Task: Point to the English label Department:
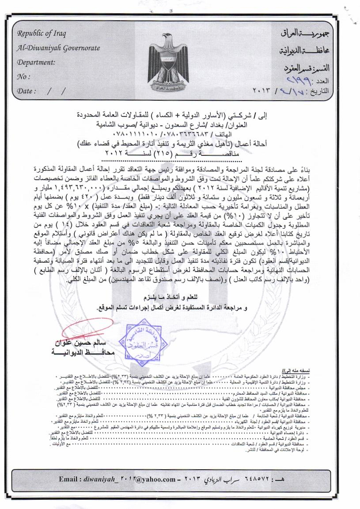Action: point(36,62)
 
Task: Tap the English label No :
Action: point(23,76)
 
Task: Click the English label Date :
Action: point(27,90)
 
